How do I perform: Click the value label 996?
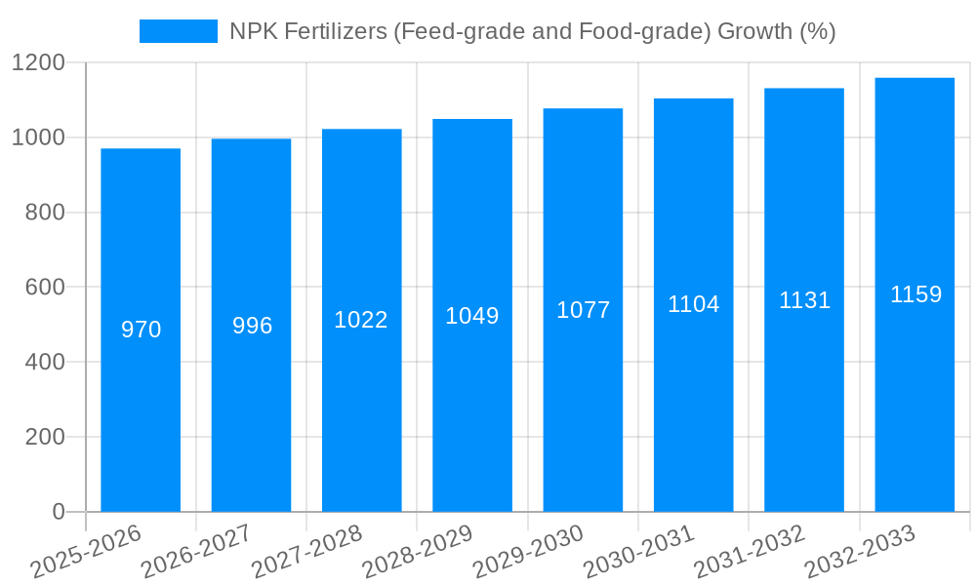(x=252, y=326)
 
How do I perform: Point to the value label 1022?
(x=361, y=320)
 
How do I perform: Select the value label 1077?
(x=583, y=310)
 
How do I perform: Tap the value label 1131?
(x=804, y=300)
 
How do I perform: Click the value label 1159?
(x=915, y=294)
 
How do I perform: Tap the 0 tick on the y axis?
(x=58, y=512)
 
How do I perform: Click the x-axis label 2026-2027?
(x=196, y=551)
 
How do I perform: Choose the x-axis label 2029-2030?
(x=528, y=551)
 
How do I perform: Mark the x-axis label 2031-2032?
(x=750, y=551)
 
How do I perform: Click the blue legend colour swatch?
(x=179, y=31)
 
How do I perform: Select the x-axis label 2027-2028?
(x=306, y=551)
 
